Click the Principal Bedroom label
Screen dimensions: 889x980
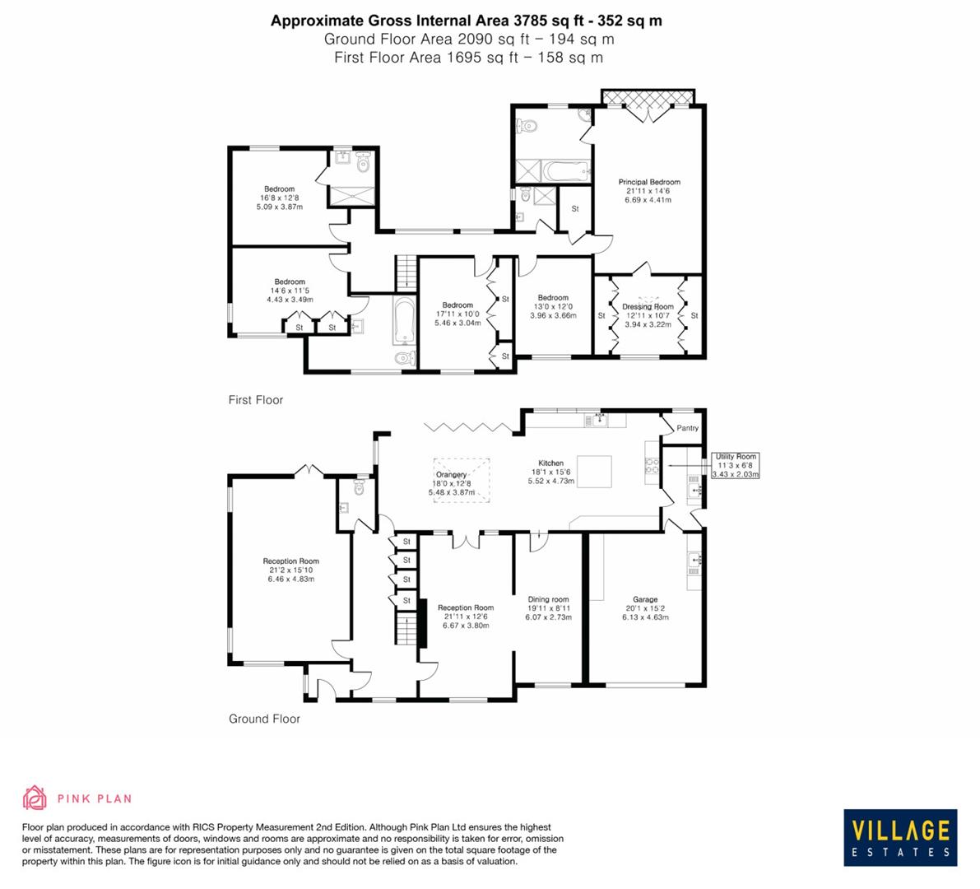pyautogui.click(x=649, y=182)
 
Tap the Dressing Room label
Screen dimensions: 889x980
pyautogui.click(x=648, y=307)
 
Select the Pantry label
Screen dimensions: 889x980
pyautogui.click(x=687, y=428)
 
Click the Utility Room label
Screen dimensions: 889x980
pyautogui.click(x=735, y=457)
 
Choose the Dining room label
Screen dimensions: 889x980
pyautogui.click(x=548, y=599)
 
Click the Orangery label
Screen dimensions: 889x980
pyautogui.click(x=452, y=475)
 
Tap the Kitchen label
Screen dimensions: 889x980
pyautogui.click(x=550, y=463)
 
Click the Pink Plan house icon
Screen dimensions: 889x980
pyautogui.click(x=35, y=798)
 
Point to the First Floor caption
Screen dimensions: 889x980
pyautogui.click(x=255, y=400)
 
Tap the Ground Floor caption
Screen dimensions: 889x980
pyautogui.click(x=264, y=719)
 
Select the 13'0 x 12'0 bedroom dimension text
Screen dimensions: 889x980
pyautogui.click(x=553, y=307)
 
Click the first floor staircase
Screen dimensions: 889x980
pyautogui.click(x=403, y=271)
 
